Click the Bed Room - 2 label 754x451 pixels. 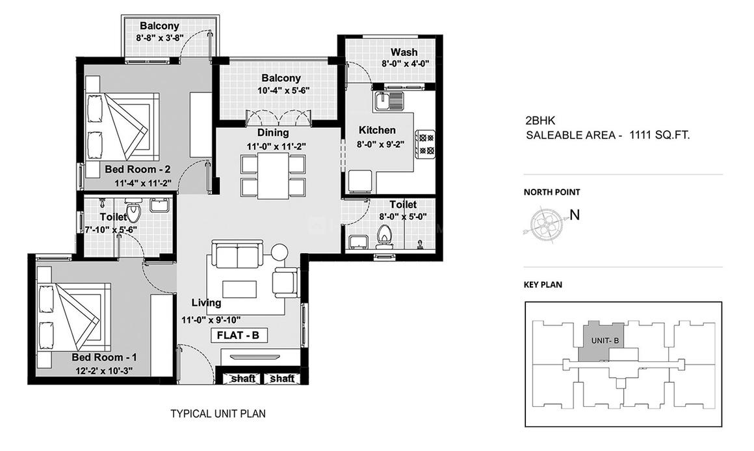click(x=137, y=170)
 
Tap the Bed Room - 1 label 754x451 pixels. click(x=104, y=358)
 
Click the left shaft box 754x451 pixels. click(x=242, y=378)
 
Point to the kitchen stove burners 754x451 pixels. click(x=426, y=144)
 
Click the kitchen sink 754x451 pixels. click(x=389, y=101)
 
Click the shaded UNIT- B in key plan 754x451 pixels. click(x=599, y=340)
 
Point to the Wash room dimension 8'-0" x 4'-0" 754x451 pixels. click(x=404, y=64)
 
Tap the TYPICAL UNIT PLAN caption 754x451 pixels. click(x=218, y=413)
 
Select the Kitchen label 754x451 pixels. click(x=377, y=131)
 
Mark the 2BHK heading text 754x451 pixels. click(x=537, y=120)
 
